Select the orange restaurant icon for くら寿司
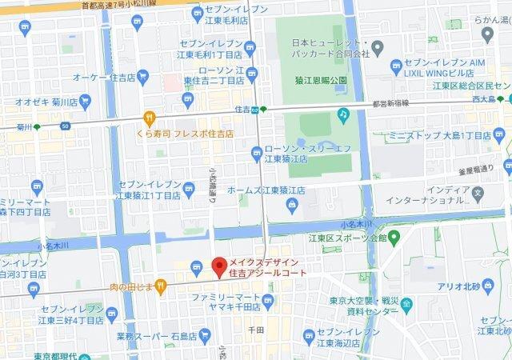(149, 118)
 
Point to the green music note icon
(342, 114)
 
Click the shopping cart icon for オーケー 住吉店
(142, 78)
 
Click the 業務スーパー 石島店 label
(155, 336)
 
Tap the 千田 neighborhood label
(256, 329)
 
